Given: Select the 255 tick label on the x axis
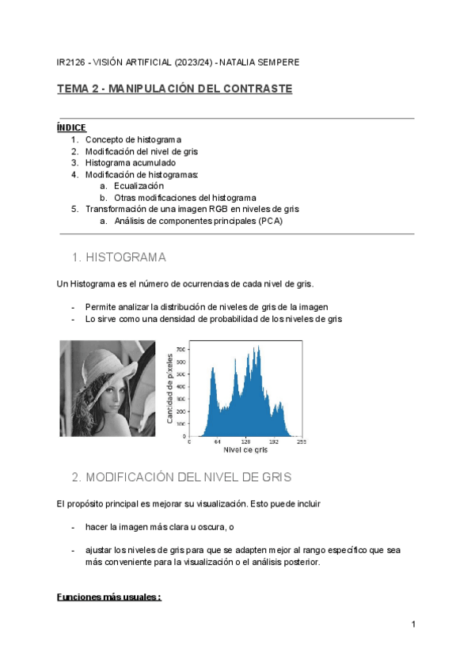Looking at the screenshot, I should tap(302, 442).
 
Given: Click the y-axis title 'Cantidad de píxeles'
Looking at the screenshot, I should tap(169, 388).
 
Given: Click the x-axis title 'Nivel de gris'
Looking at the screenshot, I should tap(245, 451).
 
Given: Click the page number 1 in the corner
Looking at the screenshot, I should tap(413, 625).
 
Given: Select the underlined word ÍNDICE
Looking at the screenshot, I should tap(71, 127).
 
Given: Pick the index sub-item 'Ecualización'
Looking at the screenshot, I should tap(139, 186).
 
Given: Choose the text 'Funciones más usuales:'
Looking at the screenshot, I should tap(109, 597).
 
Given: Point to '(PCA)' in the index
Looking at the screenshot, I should tap(269, 221).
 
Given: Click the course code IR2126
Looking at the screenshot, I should tap(71, 62).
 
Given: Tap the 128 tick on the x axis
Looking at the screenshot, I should tap(246, 442).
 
